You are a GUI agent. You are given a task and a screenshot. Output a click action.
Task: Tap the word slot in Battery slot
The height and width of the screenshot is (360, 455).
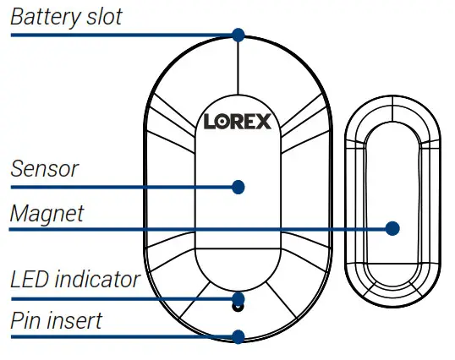pyautogui.click(x=101, y=17)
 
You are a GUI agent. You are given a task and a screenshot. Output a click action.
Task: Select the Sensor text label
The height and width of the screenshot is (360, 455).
pyautogui.click(x=44, y=168)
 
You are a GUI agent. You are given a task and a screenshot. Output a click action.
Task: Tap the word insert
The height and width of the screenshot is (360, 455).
pyautogui.click(x=75, y=320)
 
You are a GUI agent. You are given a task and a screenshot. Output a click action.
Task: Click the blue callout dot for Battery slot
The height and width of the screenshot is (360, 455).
pyautogui.click(x=238, y=35)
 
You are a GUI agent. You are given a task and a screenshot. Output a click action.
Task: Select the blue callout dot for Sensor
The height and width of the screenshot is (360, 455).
pyautogui.click(x=238, y=186)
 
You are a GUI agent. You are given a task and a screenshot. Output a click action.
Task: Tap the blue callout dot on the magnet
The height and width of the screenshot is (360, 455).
pyautogui.click(x=392, y=228)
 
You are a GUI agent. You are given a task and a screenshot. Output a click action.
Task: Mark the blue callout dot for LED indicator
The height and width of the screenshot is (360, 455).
pyautogui.click(x=238, y=298)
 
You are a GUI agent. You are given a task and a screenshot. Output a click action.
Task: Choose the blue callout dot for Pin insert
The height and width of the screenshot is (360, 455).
pyautogui.click(x=238, y=335)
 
